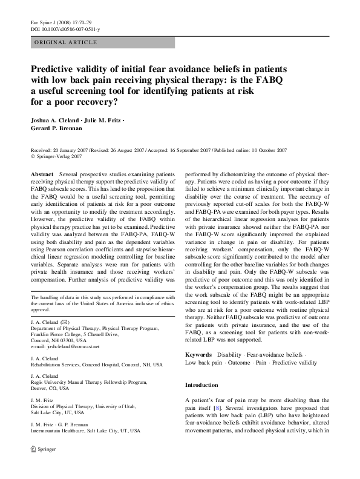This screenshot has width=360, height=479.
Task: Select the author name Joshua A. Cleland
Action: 58,120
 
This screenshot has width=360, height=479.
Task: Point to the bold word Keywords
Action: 198,354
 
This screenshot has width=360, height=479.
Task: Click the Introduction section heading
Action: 201,385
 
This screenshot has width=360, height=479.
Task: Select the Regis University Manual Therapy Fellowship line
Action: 85,382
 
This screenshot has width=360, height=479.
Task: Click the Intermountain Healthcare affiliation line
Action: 85,431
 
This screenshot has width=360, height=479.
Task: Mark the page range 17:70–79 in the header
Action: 74,22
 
